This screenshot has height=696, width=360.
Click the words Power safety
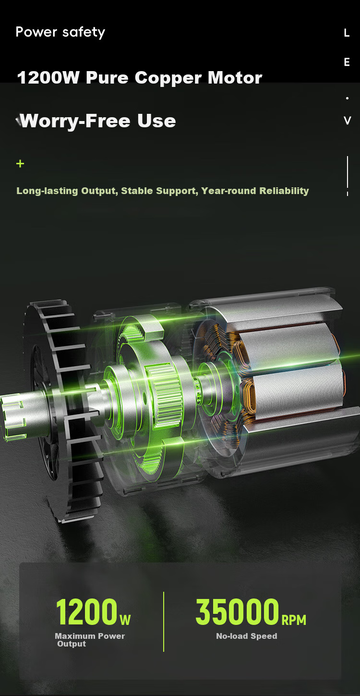pos(60,33)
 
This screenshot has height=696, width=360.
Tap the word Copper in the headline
pos(168,78)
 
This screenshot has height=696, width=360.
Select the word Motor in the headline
pos(235,77)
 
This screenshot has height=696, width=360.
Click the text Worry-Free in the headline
pos(75,121)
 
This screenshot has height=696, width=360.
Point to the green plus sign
pos(20,163)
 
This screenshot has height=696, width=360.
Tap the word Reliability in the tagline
pos(284,191)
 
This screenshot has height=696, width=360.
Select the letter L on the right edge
pos(347,33)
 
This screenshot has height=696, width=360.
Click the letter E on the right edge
pos(347,62)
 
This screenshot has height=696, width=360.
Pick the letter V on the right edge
pos(347,120)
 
